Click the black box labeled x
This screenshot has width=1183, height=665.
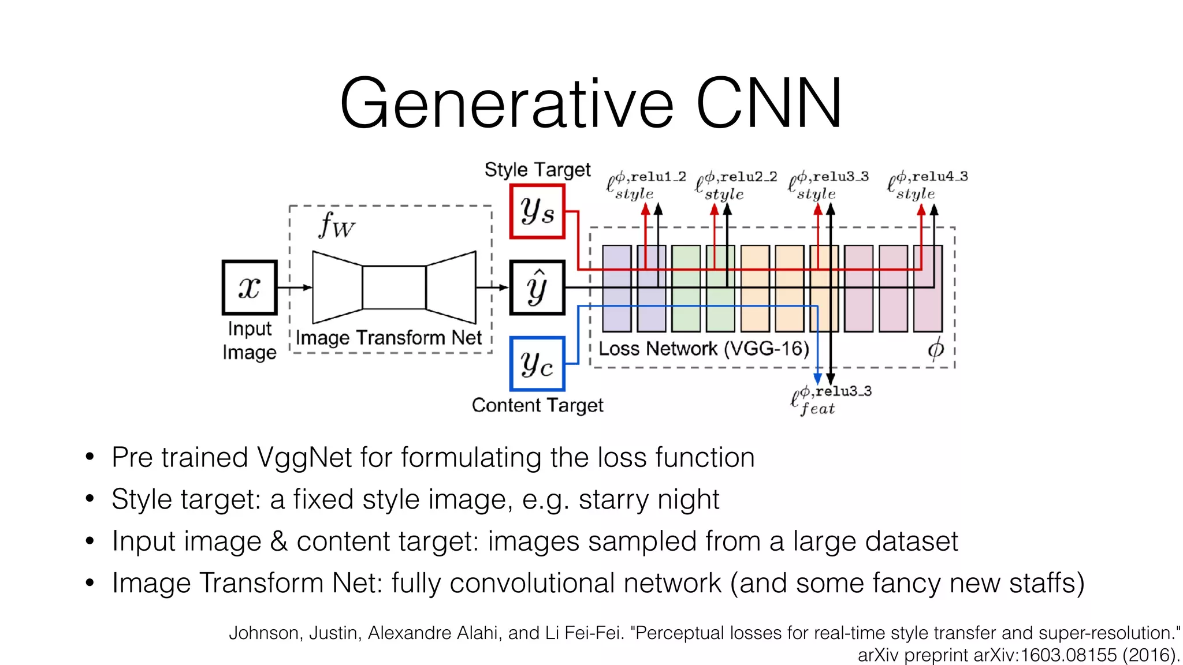[250, 287]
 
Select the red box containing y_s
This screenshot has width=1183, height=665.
[537, 211]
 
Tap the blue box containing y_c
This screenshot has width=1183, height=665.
[537, 364]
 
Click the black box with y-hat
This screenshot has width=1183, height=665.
[537, 287]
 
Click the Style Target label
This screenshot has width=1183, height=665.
[537, 170]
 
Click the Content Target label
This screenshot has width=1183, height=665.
[537, 405]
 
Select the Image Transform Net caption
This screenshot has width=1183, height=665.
[388, 338]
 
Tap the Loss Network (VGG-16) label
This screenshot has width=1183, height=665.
[704, 349]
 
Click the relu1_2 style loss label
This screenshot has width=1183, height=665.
[645, 185]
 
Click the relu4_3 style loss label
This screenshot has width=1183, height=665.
[927, 185]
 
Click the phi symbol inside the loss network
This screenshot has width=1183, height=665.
[935, 349]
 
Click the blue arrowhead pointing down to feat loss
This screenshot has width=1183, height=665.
[817, 379]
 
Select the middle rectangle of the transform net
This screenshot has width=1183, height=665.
[394, 287]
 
